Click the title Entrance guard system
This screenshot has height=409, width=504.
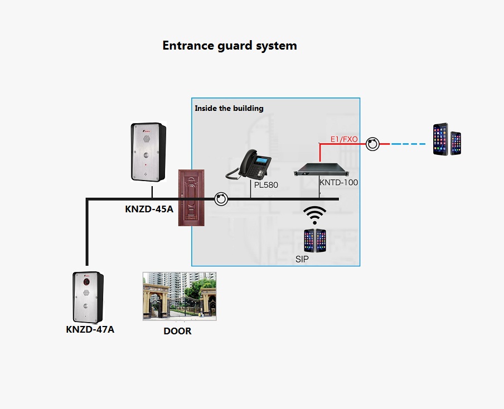pos(229,46)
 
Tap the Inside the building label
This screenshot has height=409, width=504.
pos(229,108)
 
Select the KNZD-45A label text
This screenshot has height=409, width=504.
pos(148,210)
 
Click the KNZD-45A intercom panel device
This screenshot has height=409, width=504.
pos(147,152)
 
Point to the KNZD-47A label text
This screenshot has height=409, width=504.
pos(90,329)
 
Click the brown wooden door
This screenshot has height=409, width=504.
pos(191,197)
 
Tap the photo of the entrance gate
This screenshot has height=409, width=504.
pos(180,296)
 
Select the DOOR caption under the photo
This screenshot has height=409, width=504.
pos(177,331)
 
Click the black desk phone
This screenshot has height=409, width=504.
pos(249,164)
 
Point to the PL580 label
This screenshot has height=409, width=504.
pos(266,184)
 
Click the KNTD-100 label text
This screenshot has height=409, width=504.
pos(339,182)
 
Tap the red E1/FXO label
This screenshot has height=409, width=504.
pos(344,139)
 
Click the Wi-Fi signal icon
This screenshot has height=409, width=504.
pos(315,215)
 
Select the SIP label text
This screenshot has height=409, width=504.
pos(302,260)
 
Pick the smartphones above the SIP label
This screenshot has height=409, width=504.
pos(314,240)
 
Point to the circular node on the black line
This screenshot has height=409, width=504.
pos(221,198)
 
